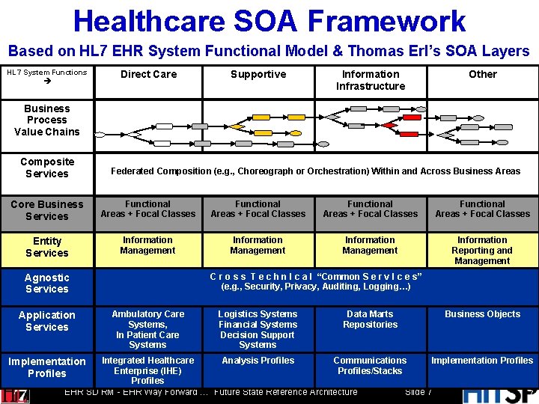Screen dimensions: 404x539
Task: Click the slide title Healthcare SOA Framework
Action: pyautogui.click(x=269, y=21)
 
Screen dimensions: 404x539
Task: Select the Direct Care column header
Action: pyautogui.click(x=148, y=74)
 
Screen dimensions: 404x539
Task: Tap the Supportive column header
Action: pyautogui.click(x=258, y=74)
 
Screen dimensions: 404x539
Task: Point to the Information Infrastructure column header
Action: pyautogui.click(x=371, y=80)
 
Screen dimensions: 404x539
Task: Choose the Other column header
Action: pyautogui.click(x=482, y=74)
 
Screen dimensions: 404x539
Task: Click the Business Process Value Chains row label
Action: pyautogui.click(x=46, y=120)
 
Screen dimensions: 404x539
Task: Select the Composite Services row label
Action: pyautogui.click(x=47, y=168)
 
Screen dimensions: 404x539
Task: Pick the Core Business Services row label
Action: pyautogui.click(x=47, y=210)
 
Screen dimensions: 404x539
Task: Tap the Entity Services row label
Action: pyautogui.click(x=47, y=247)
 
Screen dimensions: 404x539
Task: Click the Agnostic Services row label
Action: pyautogui.click(x=47, y=283)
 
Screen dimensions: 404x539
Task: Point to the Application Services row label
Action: pyautogui.click(x=47, y=321)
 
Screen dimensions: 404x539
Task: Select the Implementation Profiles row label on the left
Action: pyautogui.click(x=47, y=367)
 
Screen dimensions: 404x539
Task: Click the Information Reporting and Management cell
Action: pyautogui.click(x=482, y=251)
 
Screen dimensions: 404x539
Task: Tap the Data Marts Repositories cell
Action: pyautogui.click(x=370, y=319)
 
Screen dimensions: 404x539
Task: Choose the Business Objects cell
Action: pyautogui.click(x=482, y=314)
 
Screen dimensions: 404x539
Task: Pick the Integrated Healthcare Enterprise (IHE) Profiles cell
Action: pyautogui.click(x=147, y=370)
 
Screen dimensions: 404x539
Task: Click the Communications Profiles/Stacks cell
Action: pyautogui.click(x=370, y=366)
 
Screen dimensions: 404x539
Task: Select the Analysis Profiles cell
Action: pyautogui.click(x=258, y=361)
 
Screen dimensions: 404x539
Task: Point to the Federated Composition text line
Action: pyautogui.click(x=315, y=171)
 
